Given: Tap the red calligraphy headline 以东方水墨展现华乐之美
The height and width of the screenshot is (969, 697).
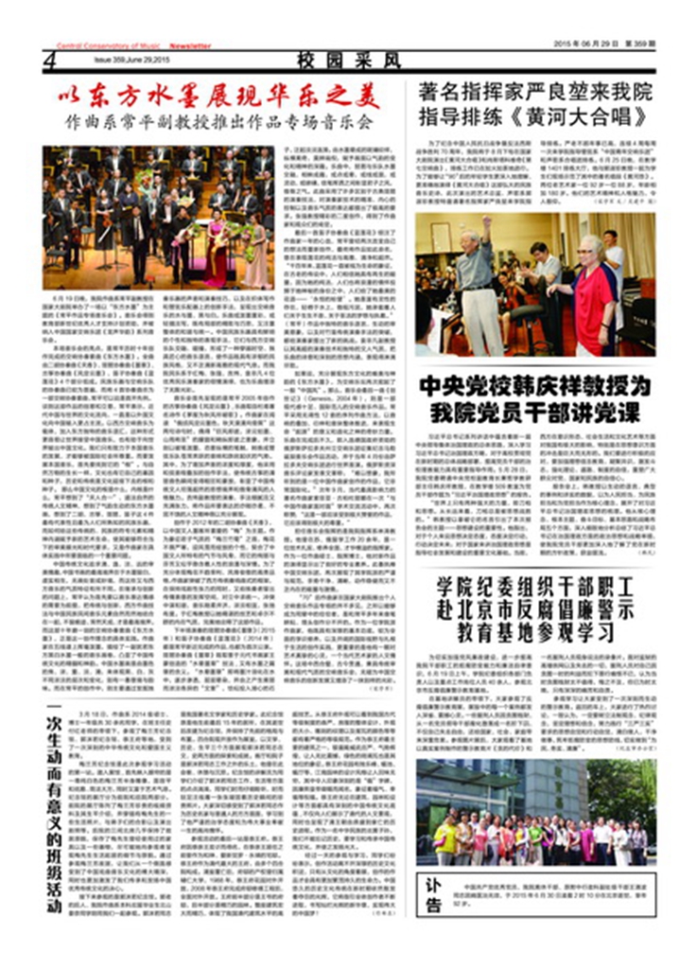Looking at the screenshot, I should pos(215,97).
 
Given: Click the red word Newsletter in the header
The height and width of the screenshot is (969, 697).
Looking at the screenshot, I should pos(190,45).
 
